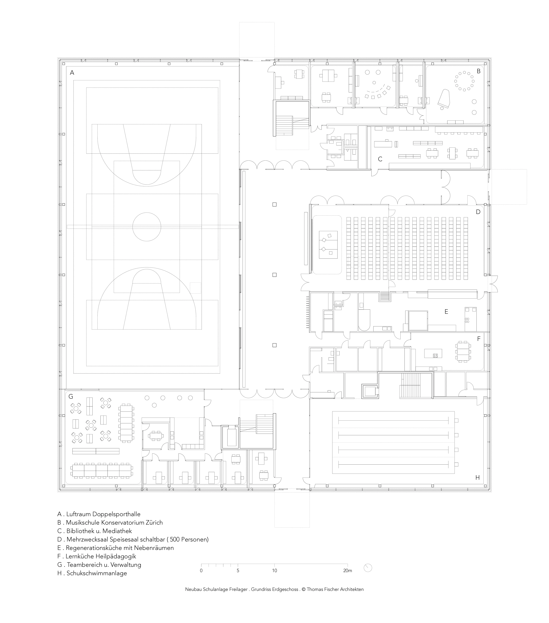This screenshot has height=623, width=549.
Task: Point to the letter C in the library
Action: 380,159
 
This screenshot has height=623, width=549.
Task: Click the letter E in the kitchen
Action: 446,311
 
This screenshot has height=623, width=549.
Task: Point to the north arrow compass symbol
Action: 368,568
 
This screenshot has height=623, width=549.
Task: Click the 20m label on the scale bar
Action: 347,571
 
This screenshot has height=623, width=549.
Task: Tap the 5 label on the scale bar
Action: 238,571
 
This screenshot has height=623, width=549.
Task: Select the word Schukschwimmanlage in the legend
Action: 97,573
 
